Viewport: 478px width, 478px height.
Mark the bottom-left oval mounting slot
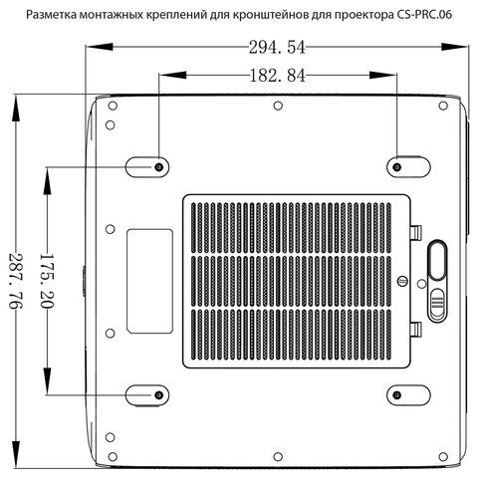pyautogui.click(x=148, y=395)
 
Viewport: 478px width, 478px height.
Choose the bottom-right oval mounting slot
pyautogui.click(x=404, y=394)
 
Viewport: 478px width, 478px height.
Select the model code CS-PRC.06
pyautogui.click(x=431, y=15)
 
